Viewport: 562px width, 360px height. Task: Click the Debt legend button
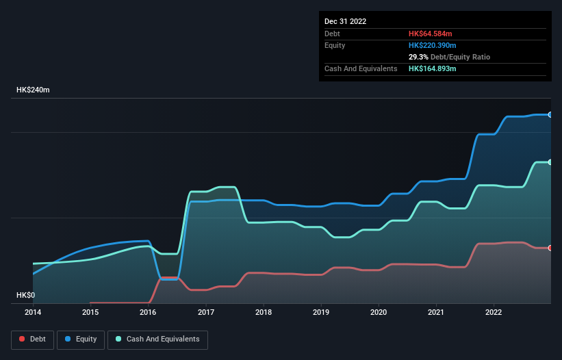tap(33, 339)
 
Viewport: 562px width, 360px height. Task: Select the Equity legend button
tap(81, 339)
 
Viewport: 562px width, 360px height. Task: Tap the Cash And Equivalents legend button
tap(157, 339)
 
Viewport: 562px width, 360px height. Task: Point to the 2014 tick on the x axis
tap(33, 312)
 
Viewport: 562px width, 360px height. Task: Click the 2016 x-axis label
tap(148, 312)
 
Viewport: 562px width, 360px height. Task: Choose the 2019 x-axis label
tap(321, 312)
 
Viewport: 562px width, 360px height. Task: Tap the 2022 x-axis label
tap(494, 312)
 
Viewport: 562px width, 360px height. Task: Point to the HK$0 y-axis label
tap(25, 295)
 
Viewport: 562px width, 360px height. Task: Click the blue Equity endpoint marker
tap(550, 114)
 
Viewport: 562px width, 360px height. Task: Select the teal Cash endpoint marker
tap(550, 162)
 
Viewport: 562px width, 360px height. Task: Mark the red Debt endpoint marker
tap(550, 248)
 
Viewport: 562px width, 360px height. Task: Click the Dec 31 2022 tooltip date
tap(346, 21)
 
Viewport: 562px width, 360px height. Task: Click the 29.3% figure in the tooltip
tap(420, 57)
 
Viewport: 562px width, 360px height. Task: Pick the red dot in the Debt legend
tap(23, 339)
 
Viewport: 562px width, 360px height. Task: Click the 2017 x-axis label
tap(206, 312)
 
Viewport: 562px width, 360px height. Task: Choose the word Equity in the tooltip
tap(335, 45)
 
